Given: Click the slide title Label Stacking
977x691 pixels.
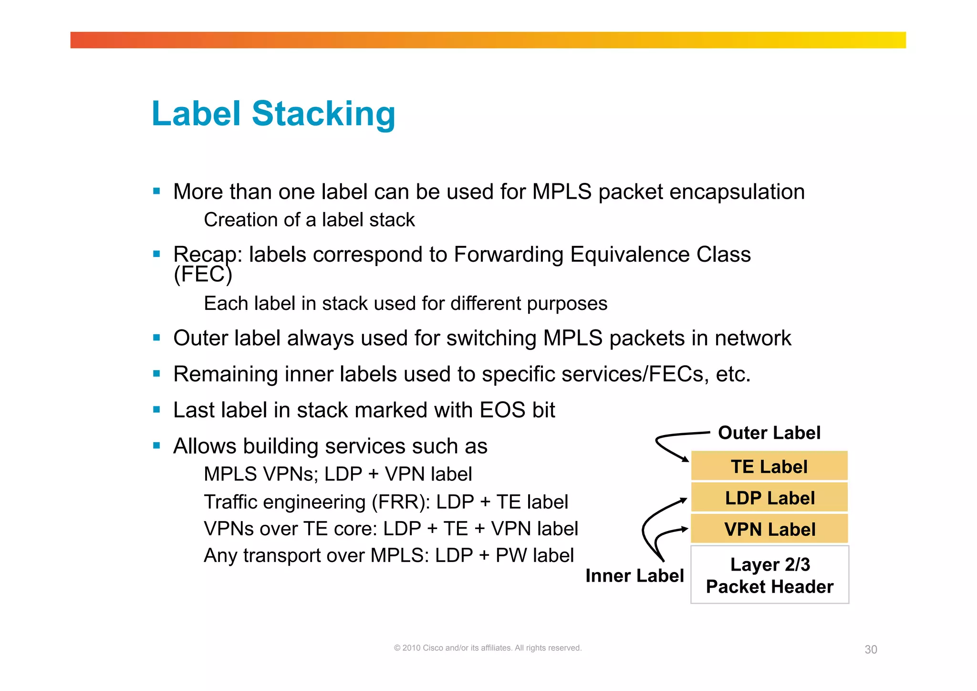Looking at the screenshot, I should (273, 114).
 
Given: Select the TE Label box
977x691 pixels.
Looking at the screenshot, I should (769, 466).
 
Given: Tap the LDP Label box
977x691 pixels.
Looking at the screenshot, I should (769, 498).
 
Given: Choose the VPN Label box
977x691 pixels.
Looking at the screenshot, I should (769, 529).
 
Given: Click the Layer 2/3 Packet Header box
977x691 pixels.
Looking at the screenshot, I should (769, 575).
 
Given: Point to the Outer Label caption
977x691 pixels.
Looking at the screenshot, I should (769, 433).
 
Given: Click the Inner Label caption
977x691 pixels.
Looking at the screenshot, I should (634, 575).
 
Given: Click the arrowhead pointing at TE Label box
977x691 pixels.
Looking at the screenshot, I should (686, 459).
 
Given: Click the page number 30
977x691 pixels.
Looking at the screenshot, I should (871, 649).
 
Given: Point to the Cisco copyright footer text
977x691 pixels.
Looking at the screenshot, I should (488, 648).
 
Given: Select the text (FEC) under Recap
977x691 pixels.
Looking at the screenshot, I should (203, 275).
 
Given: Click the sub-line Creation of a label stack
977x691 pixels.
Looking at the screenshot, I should (309, 220).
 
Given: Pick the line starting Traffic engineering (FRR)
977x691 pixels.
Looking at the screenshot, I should (385, 502).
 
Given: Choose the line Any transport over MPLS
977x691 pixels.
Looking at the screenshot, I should (388, 555).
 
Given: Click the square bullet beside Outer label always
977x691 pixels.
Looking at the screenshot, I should (156, 338).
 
